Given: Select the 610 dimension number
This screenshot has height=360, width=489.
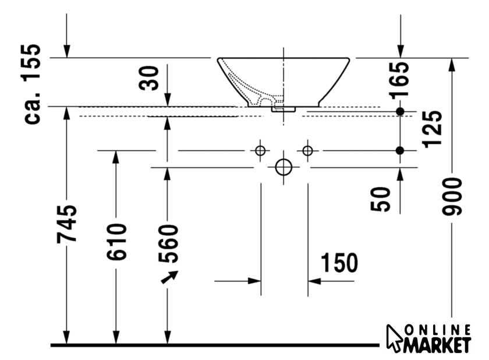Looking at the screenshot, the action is tap(116, 242).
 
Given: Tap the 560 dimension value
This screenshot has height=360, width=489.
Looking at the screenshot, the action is tap(168, 243).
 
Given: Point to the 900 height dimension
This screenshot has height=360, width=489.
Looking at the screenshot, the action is tap(452, 196).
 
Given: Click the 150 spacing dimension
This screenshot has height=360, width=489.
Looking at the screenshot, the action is tap(339, 263).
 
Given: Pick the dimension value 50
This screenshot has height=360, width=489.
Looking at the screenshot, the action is tap(381, 199).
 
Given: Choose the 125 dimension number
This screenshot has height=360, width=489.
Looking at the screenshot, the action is tap(432, 129).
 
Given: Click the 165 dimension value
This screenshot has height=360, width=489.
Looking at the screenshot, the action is tap(400, 80).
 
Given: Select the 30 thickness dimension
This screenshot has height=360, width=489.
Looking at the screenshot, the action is tap(149, 78).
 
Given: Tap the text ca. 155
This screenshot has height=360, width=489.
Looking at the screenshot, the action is tap(32, 84).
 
